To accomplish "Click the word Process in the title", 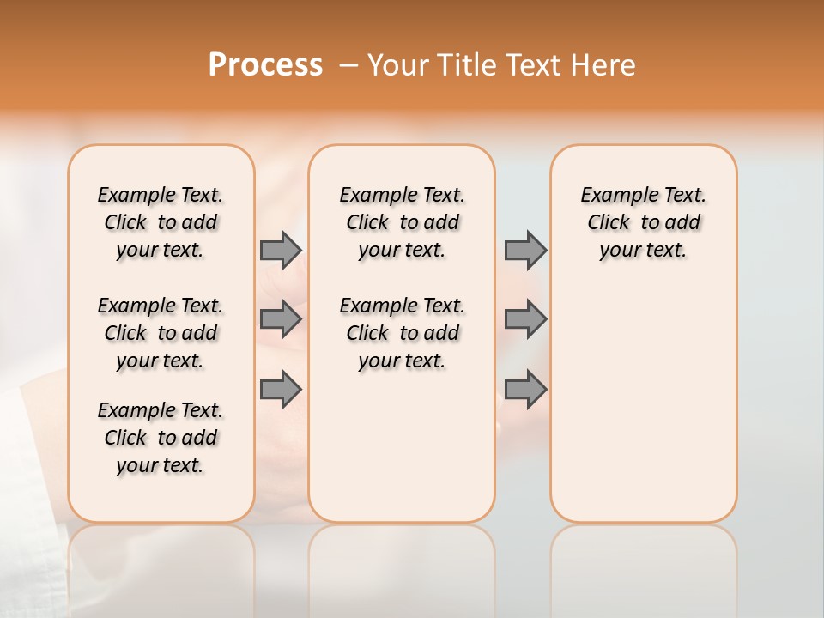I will point(265,64).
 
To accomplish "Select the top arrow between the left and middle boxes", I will point(281,250).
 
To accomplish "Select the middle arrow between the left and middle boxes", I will point(281,319).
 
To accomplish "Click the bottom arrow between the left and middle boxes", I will point(281,389).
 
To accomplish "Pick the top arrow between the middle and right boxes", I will point(525,250).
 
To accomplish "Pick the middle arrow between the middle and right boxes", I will point(525,319).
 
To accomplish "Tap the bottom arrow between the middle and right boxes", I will point(525,389).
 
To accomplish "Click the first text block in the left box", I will point(161,222).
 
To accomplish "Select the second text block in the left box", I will point(161,333).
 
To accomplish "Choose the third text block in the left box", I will point(161,438).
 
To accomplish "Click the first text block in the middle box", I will point(403,222).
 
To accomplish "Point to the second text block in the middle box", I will point(403,333).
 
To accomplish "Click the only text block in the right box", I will point(644,222).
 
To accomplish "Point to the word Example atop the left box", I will point(130,196).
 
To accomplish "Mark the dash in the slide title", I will point(348,64).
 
